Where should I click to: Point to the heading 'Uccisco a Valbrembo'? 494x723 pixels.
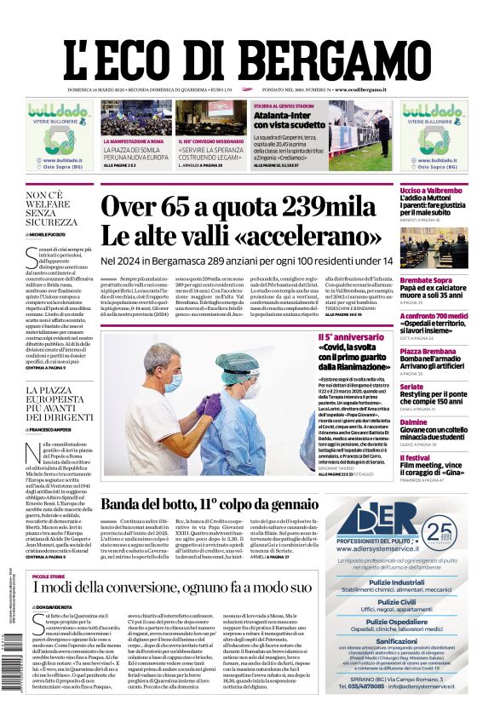tap(430, 191)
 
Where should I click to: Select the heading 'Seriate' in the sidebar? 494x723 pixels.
tap(412, 387)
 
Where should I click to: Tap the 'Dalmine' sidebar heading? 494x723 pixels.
tap(414, 422)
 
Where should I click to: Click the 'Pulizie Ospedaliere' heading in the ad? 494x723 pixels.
tap(397, 622)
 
